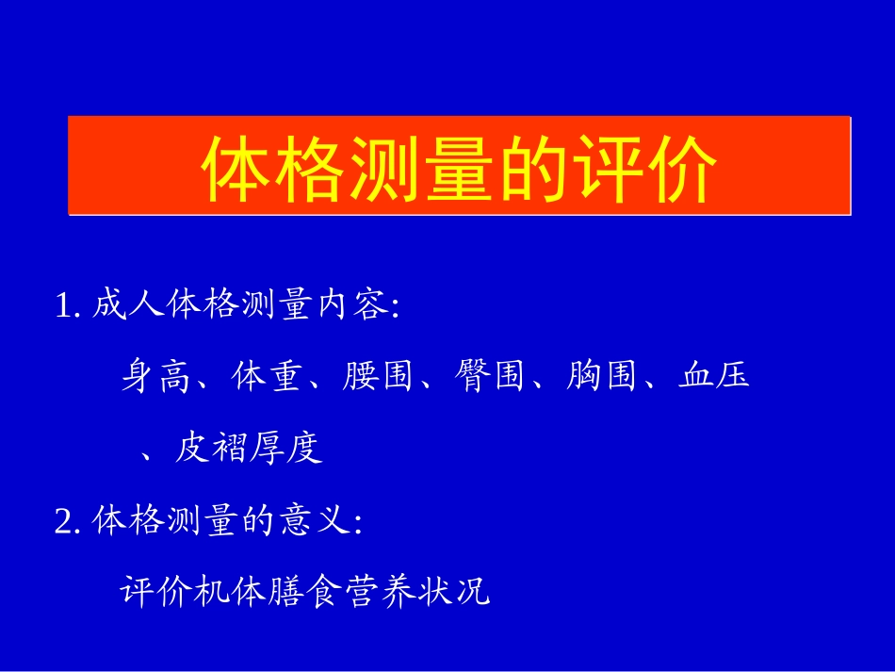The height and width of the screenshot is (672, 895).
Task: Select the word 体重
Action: tap(266, 377)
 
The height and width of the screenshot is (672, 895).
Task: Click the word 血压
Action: tap(713, 377)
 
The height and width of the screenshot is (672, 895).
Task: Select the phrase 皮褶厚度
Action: tap(249, 450)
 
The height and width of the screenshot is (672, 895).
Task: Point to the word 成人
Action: tap(129, 305)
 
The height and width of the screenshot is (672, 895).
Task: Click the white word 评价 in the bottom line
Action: tap(157, 593)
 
